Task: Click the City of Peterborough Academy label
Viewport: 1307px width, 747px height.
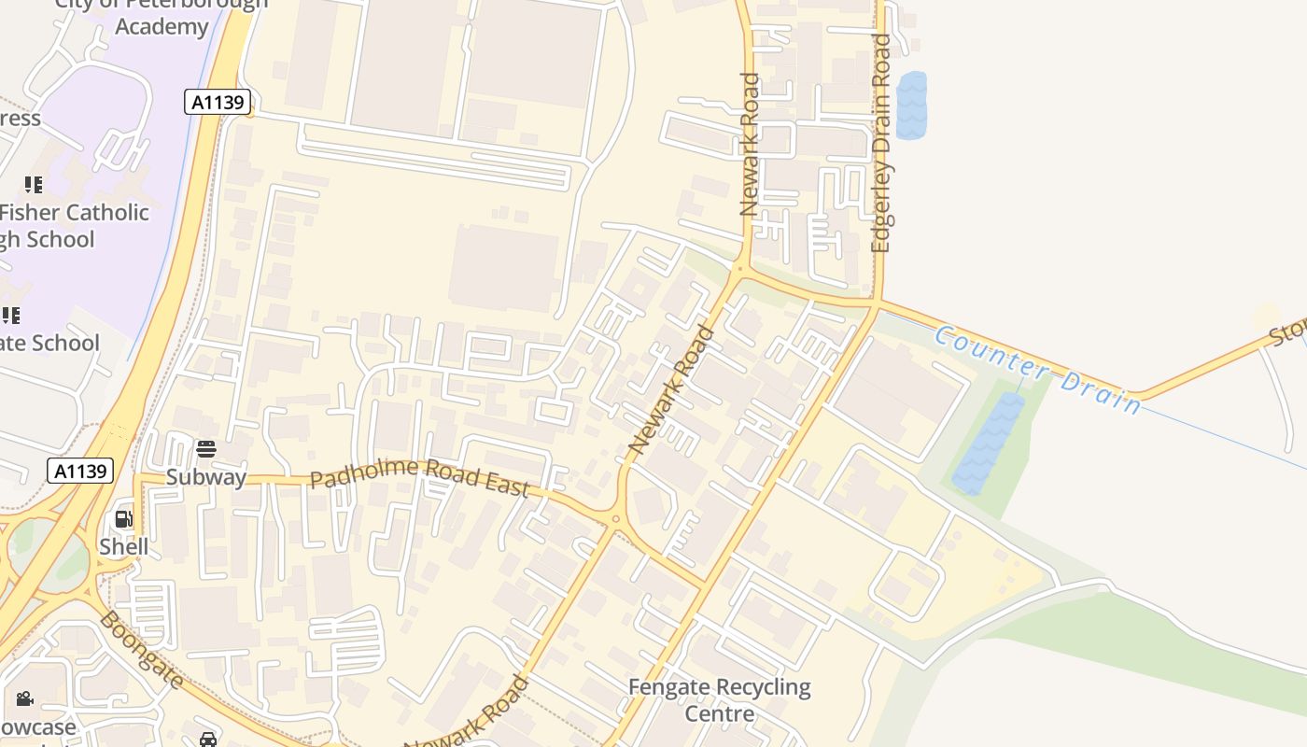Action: click(162, 16)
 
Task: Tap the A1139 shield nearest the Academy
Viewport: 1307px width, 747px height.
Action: click(218, 102)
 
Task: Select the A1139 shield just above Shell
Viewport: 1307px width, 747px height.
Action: click(80, 471)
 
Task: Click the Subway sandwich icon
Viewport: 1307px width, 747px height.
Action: click(206, 449)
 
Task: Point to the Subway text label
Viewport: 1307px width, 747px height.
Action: click(206, 477)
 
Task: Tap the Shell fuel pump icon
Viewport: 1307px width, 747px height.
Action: click(123, 519)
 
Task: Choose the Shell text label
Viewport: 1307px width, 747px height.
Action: click(124, 546)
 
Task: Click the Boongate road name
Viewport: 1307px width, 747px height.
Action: click(141, 650)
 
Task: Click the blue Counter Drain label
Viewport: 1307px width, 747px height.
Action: click(1037, 369)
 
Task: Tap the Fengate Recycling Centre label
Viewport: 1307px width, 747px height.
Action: click(719, 700)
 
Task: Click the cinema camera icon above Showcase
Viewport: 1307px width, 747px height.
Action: click(24, 698)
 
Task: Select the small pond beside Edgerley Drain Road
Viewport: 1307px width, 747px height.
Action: click(911, 106)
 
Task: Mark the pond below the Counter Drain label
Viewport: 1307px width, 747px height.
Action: click(988, 444)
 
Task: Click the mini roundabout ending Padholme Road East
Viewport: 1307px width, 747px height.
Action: click(614, 519)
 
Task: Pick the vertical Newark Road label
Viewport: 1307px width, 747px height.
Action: click(749, 145)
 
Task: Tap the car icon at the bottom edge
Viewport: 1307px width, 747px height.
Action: click(208, 740)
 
